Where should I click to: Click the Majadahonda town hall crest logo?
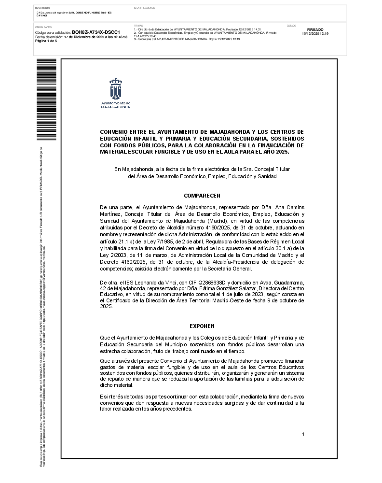115,89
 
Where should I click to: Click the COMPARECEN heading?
202,196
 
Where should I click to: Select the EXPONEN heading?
202,326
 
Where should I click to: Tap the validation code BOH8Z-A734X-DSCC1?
99,32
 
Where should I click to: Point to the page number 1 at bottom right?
303,434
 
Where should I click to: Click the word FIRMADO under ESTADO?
315,29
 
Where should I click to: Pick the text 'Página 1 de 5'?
46,41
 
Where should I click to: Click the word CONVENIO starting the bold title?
115,131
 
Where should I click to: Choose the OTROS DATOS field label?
43,27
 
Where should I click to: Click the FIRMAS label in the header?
138,25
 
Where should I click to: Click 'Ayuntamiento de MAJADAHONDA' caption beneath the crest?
115,105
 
